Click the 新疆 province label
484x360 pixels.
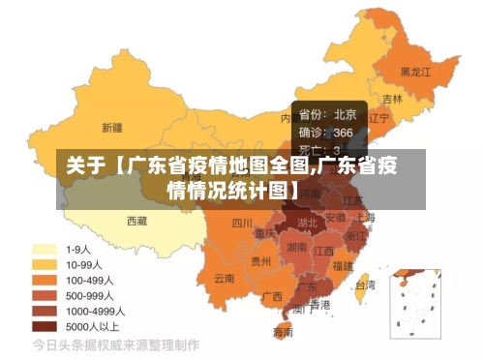point(112,127)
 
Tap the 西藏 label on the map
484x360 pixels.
point(136,221)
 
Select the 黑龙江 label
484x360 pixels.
point(416,72)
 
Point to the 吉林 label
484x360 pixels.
point(392,99)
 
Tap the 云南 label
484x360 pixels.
point(225,278)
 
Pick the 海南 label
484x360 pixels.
point(283,332)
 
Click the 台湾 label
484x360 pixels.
point(365,285)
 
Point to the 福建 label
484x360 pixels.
point(342,264)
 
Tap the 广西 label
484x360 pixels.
point(272,295)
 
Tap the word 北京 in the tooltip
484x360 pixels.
point(345,114)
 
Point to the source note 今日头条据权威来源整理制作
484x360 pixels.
point(116,345)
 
